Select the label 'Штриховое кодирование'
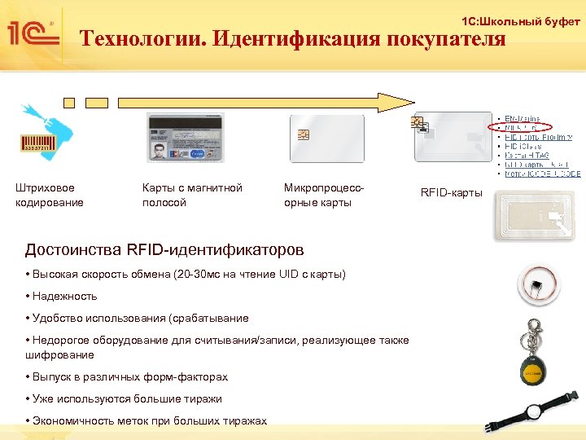[49, 195]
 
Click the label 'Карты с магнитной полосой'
[192, 195]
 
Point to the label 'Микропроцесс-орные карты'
[323, 195]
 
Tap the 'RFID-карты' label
[451, 193]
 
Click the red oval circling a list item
[523, 127]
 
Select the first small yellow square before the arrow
[69, 102]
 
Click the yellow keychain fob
[536, 371]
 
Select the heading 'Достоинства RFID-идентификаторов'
[164, 249]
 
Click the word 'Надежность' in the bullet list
[63, 296]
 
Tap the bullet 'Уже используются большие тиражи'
[123, 398]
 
